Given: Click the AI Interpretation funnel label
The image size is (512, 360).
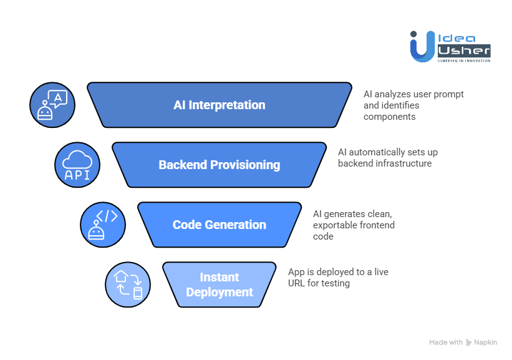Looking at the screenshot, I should tap(219, 105).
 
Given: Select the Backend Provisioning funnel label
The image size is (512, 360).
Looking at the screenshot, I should tap(219, 165).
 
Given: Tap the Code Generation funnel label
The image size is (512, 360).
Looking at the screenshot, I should tap(219, 225).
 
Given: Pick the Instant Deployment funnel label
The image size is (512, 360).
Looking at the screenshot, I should tap(219, 285).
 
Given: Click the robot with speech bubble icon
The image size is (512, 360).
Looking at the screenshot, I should tap(52, 105).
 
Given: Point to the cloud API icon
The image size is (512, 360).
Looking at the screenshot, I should tap(77, 165).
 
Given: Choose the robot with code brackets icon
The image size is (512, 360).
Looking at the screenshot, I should tap(103, 225).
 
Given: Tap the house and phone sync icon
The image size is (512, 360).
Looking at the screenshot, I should tap(128, 285).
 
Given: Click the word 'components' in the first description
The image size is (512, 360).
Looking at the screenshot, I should tap(389, 117).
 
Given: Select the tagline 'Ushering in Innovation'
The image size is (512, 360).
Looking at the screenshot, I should tap(463, 60).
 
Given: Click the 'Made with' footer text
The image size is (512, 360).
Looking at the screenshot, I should tap(446, 343).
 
